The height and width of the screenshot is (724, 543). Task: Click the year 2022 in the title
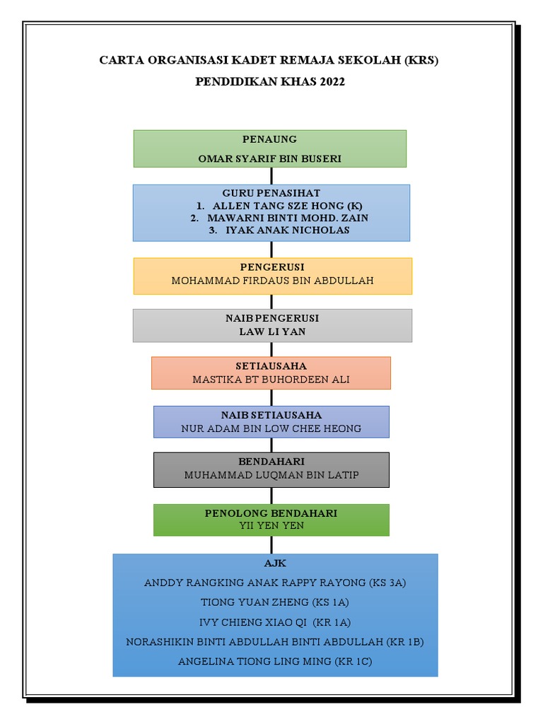[332, 82]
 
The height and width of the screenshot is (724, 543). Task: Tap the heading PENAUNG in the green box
[269, 139]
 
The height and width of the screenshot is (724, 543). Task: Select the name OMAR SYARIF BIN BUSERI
[269, 158]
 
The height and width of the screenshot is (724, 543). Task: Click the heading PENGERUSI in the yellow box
[272, 267]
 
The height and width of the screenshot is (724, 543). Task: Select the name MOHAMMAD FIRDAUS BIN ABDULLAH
[272, 281]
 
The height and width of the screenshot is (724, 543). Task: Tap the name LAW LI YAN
[272, 331]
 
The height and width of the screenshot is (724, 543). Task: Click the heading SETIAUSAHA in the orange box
[271, 366]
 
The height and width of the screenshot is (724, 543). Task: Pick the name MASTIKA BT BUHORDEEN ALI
[271, 379]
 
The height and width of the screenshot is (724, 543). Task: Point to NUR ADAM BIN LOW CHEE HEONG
[271, 428]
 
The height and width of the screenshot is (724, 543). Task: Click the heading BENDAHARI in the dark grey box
[271, 462]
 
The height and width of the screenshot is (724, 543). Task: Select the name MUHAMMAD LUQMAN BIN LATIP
[271, 475]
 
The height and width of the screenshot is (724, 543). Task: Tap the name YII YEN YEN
[271, 525]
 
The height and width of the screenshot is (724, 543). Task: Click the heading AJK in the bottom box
[275, 564]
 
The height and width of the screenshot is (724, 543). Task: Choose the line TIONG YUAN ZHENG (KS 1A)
[275, 602]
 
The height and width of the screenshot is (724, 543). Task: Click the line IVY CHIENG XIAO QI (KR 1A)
[275, 622]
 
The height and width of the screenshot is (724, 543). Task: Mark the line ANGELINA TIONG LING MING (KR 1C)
[275, 661]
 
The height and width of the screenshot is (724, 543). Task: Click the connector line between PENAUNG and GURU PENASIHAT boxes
[271, 176]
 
